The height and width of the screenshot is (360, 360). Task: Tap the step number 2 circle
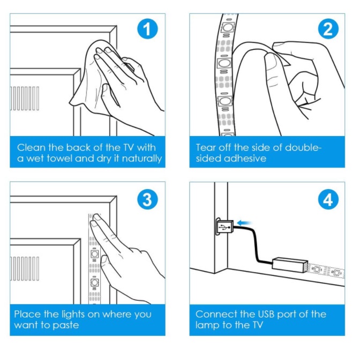coord(328,29)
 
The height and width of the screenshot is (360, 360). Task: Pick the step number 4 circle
coord(328,201)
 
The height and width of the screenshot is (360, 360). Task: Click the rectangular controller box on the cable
coord(290,264)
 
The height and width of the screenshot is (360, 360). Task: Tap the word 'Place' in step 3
coord(28,314)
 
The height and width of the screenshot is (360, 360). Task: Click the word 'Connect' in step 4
coord(216,314)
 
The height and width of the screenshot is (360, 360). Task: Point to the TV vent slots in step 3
coord(25,268)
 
